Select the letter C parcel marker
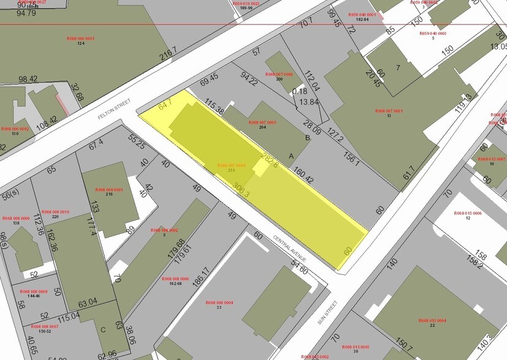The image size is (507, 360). point(103,329)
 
